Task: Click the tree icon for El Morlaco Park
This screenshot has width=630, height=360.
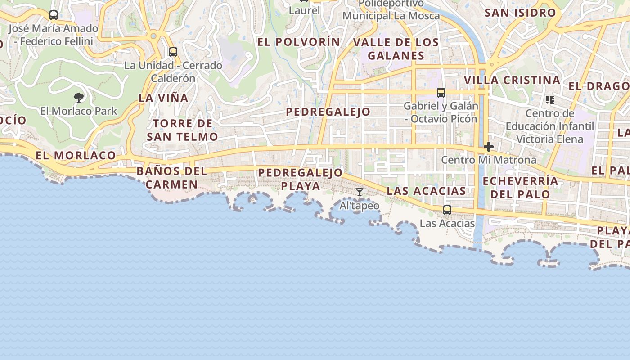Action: pos(79,97)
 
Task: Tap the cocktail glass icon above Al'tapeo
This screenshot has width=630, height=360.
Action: pos(359,192)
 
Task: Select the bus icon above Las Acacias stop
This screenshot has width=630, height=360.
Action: pos(447,210)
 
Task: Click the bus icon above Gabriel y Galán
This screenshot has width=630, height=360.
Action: pos(441,93)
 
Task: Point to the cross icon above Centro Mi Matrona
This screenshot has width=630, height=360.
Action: pos(488,147)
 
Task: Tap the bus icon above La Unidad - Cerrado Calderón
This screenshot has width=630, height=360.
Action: pos(173,52)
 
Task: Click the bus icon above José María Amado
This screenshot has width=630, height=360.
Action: pos(54,15)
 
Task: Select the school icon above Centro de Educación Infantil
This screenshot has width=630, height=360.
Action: pos(549,99)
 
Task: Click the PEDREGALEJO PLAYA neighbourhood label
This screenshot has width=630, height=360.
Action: pos(300,179)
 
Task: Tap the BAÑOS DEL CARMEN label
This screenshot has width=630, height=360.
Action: pos(171,178)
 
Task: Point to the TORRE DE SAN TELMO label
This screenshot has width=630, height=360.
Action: pos(182,130)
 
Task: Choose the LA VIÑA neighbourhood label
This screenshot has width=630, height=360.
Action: pos(163,98)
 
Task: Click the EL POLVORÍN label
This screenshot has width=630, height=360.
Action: pos(299,42)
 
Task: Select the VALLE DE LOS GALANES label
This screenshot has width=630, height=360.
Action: pos(396,49)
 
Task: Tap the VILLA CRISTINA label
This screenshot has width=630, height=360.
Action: pos(512,80)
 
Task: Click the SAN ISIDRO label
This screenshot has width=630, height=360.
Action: pos(520,13)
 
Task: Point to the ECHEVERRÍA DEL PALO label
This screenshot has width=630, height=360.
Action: pos(520,188)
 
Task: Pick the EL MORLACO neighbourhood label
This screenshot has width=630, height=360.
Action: pos(76,156)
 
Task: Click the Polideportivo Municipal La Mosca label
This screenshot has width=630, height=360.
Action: pos(391,10)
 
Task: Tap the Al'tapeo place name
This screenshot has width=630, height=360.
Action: pos(359,206)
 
